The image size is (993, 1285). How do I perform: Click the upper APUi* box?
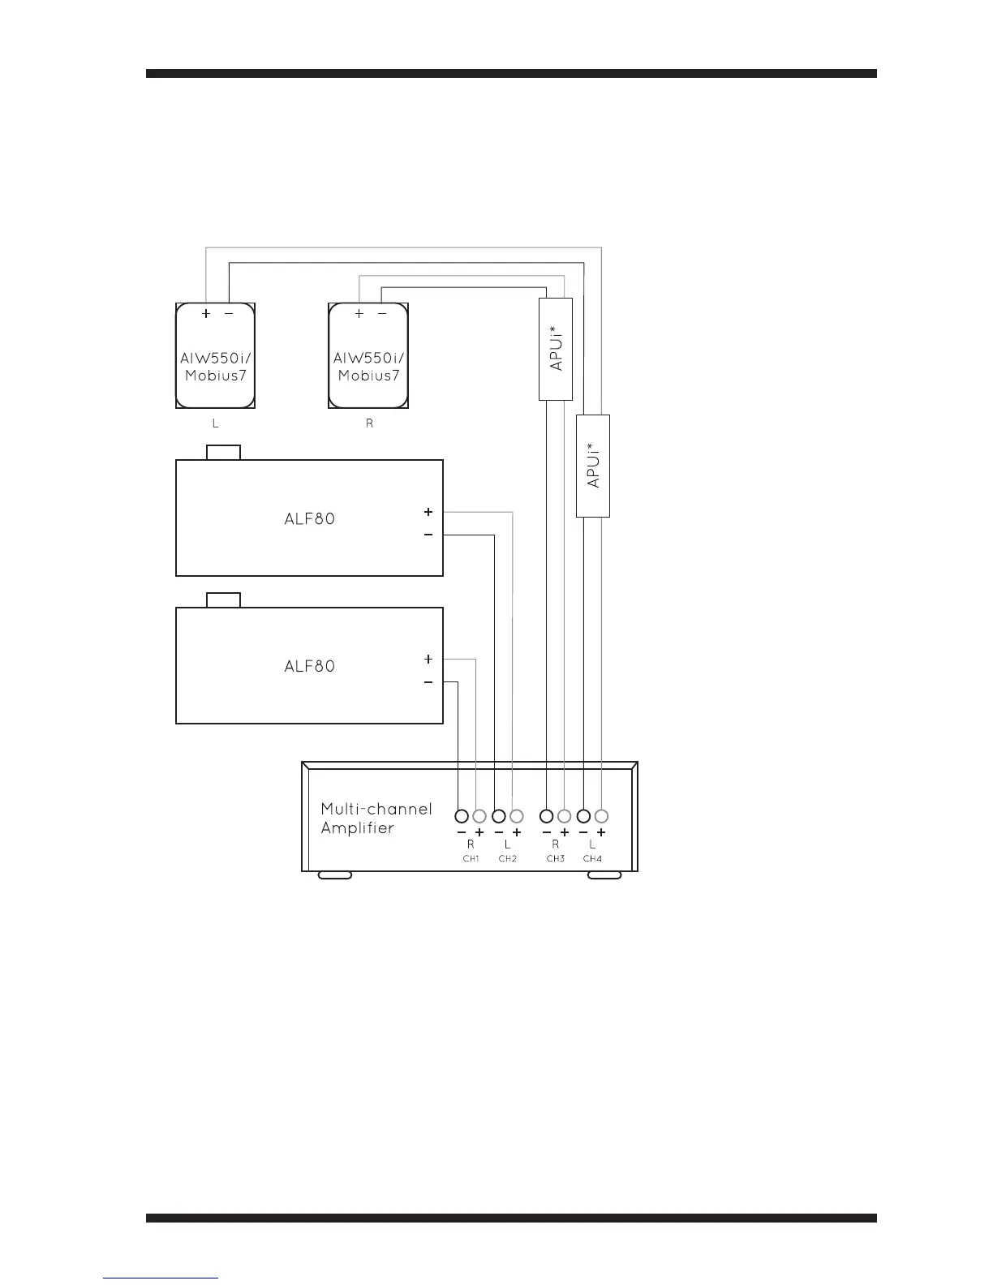556,349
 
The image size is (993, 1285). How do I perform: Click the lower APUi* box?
592,466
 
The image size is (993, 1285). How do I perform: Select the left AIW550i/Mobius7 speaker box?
216,356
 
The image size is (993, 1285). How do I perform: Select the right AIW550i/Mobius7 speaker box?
368,356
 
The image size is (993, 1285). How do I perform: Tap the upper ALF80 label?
309,519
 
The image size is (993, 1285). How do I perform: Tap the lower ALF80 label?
309,667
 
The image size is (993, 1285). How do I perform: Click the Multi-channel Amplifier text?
376,819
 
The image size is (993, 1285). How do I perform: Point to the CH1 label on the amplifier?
471,858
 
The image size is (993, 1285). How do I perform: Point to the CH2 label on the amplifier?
508,858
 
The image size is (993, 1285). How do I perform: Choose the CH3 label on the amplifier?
555,858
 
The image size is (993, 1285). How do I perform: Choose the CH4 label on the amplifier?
592,858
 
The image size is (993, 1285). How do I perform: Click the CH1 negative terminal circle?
462,816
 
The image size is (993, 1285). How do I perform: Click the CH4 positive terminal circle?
601,816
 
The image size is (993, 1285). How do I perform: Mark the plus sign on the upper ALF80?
428,512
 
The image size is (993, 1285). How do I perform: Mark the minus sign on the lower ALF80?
428,683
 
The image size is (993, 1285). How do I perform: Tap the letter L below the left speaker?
215,424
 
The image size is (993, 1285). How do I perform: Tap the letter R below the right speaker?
369,424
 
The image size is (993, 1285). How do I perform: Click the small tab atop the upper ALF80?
224,452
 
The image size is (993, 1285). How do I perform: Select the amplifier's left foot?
335,875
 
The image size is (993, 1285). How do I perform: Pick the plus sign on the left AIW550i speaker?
206,314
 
